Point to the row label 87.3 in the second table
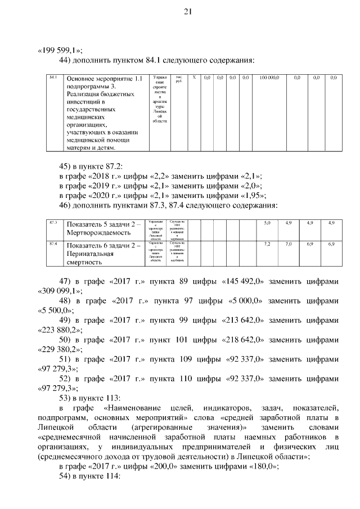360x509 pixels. tap(53, 223)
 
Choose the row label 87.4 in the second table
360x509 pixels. tap(53, 244)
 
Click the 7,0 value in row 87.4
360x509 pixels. tap(289, 244)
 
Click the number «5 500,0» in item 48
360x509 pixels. tap(56, 310)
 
